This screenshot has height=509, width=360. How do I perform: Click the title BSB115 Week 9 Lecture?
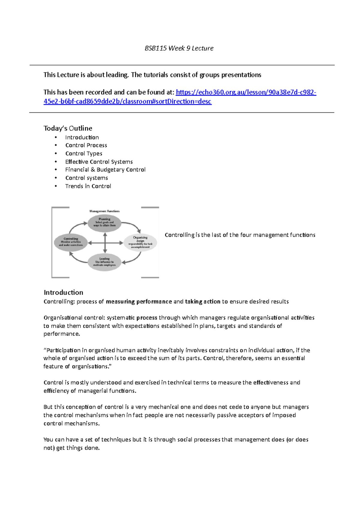179,48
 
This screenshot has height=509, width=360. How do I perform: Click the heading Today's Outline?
68,128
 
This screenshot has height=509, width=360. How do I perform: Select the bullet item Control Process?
86,145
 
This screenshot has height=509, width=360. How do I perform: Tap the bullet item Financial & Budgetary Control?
105,170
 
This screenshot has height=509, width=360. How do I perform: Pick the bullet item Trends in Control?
88,186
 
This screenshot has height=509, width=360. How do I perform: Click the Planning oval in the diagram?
104,223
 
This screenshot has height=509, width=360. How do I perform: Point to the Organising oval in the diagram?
140,242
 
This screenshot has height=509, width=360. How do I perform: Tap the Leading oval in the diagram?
104,262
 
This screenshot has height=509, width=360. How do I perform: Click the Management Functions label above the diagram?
104,211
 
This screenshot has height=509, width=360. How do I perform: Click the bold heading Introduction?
63,293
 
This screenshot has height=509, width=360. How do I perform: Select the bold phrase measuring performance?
139,302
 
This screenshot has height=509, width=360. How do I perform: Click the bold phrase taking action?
202,302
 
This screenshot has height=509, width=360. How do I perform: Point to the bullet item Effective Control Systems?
99,162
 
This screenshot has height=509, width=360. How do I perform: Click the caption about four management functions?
240,235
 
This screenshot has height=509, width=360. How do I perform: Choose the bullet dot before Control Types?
56,153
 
